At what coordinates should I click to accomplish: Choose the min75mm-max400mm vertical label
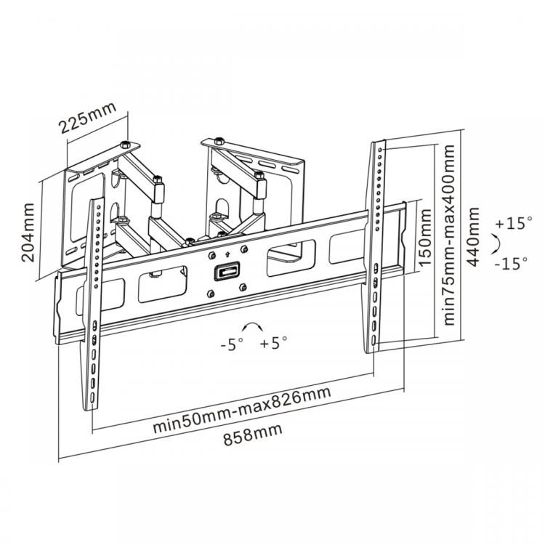pyautogui.click(x=451, y=234)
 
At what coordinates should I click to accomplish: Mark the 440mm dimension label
pyautogui.click(x=475, y=236)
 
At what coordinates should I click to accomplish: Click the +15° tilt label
pyautogui.click(x=514, y=224)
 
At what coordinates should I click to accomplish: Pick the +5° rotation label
pyautogui.click(x=273, y=343)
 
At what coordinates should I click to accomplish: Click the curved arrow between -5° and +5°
pyautogui.click(x=252, y=326)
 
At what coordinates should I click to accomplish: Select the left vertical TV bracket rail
pyautogui.click(x=94, y=305)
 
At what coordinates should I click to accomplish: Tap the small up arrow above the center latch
pyautogui.click(x=228, y=255)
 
